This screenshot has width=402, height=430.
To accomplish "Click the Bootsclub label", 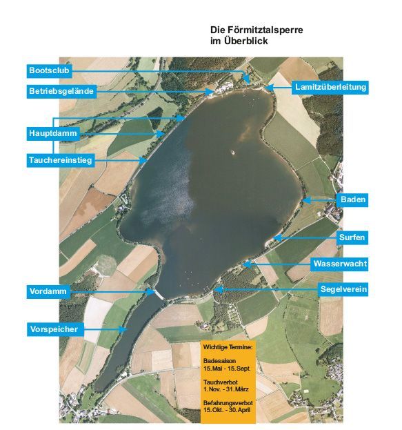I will [49, 70].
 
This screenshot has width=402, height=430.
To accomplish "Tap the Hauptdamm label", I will [53, 132].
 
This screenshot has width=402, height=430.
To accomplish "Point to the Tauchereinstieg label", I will [60, 160].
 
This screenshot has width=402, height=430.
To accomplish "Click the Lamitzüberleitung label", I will [330, 87].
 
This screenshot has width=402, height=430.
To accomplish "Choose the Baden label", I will [352, 200].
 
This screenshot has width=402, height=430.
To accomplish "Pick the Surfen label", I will [352, 237].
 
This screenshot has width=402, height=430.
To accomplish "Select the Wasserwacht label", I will [340, 264].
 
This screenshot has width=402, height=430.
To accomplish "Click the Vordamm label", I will [48, 291].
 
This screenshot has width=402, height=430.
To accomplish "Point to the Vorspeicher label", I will [54, 329].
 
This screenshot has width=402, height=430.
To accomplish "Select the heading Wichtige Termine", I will [228, 345].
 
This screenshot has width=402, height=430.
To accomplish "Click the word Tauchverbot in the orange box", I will [221, 382].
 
